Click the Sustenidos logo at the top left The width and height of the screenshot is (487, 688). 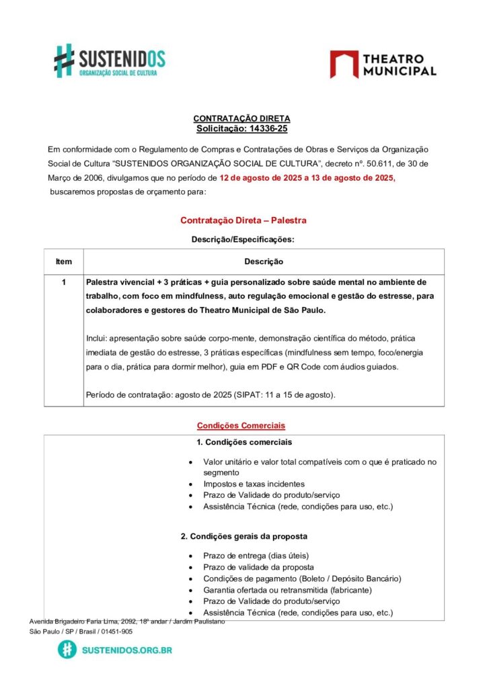109,60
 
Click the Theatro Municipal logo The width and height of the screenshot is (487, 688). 383,64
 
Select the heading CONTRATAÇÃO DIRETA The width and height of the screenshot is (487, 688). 241,118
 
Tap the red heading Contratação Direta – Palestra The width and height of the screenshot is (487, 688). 243,220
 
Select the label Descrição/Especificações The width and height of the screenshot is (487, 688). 243,239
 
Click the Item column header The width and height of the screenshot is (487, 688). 64,261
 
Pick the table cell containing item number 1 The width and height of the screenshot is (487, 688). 64,282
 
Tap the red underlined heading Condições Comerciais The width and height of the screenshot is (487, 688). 241,425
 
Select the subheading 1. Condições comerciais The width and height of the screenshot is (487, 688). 244,442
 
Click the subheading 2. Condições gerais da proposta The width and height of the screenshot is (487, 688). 244,536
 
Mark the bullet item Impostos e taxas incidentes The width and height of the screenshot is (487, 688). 254,484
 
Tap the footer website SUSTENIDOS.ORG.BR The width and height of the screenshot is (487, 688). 126,650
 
